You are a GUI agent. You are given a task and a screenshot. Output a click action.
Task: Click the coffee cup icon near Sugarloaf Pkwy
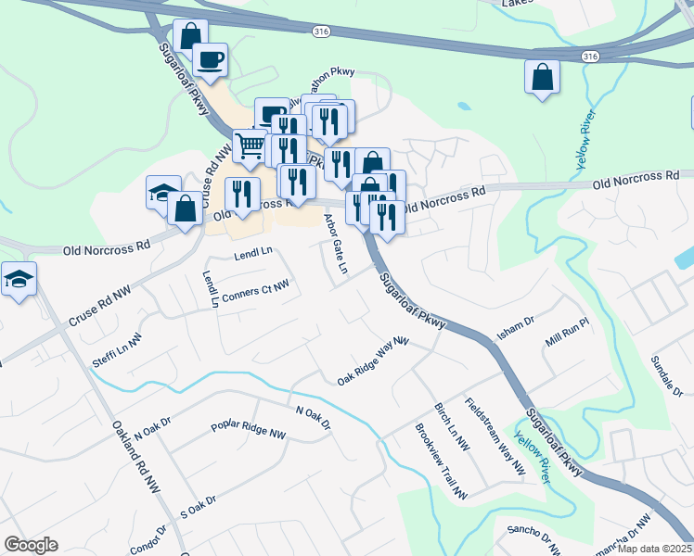(x=211, y=60)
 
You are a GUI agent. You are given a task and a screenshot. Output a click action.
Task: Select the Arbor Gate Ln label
(x=335, y=245)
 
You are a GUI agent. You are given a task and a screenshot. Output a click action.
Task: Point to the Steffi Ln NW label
(x=117, y=351)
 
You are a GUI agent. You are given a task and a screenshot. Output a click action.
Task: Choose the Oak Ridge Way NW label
(x=373, y=361)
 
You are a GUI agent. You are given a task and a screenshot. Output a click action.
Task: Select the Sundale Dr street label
(x=666, y=375)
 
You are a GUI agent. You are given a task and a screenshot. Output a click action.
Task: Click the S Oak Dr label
(x=198, y=506)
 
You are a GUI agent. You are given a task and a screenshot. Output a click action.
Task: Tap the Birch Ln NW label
(x=452, y=427)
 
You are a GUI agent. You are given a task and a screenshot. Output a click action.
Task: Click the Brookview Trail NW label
(x=441, y=462)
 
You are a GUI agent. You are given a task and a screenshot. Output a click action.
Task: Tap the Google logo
(x=31, y=545)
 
